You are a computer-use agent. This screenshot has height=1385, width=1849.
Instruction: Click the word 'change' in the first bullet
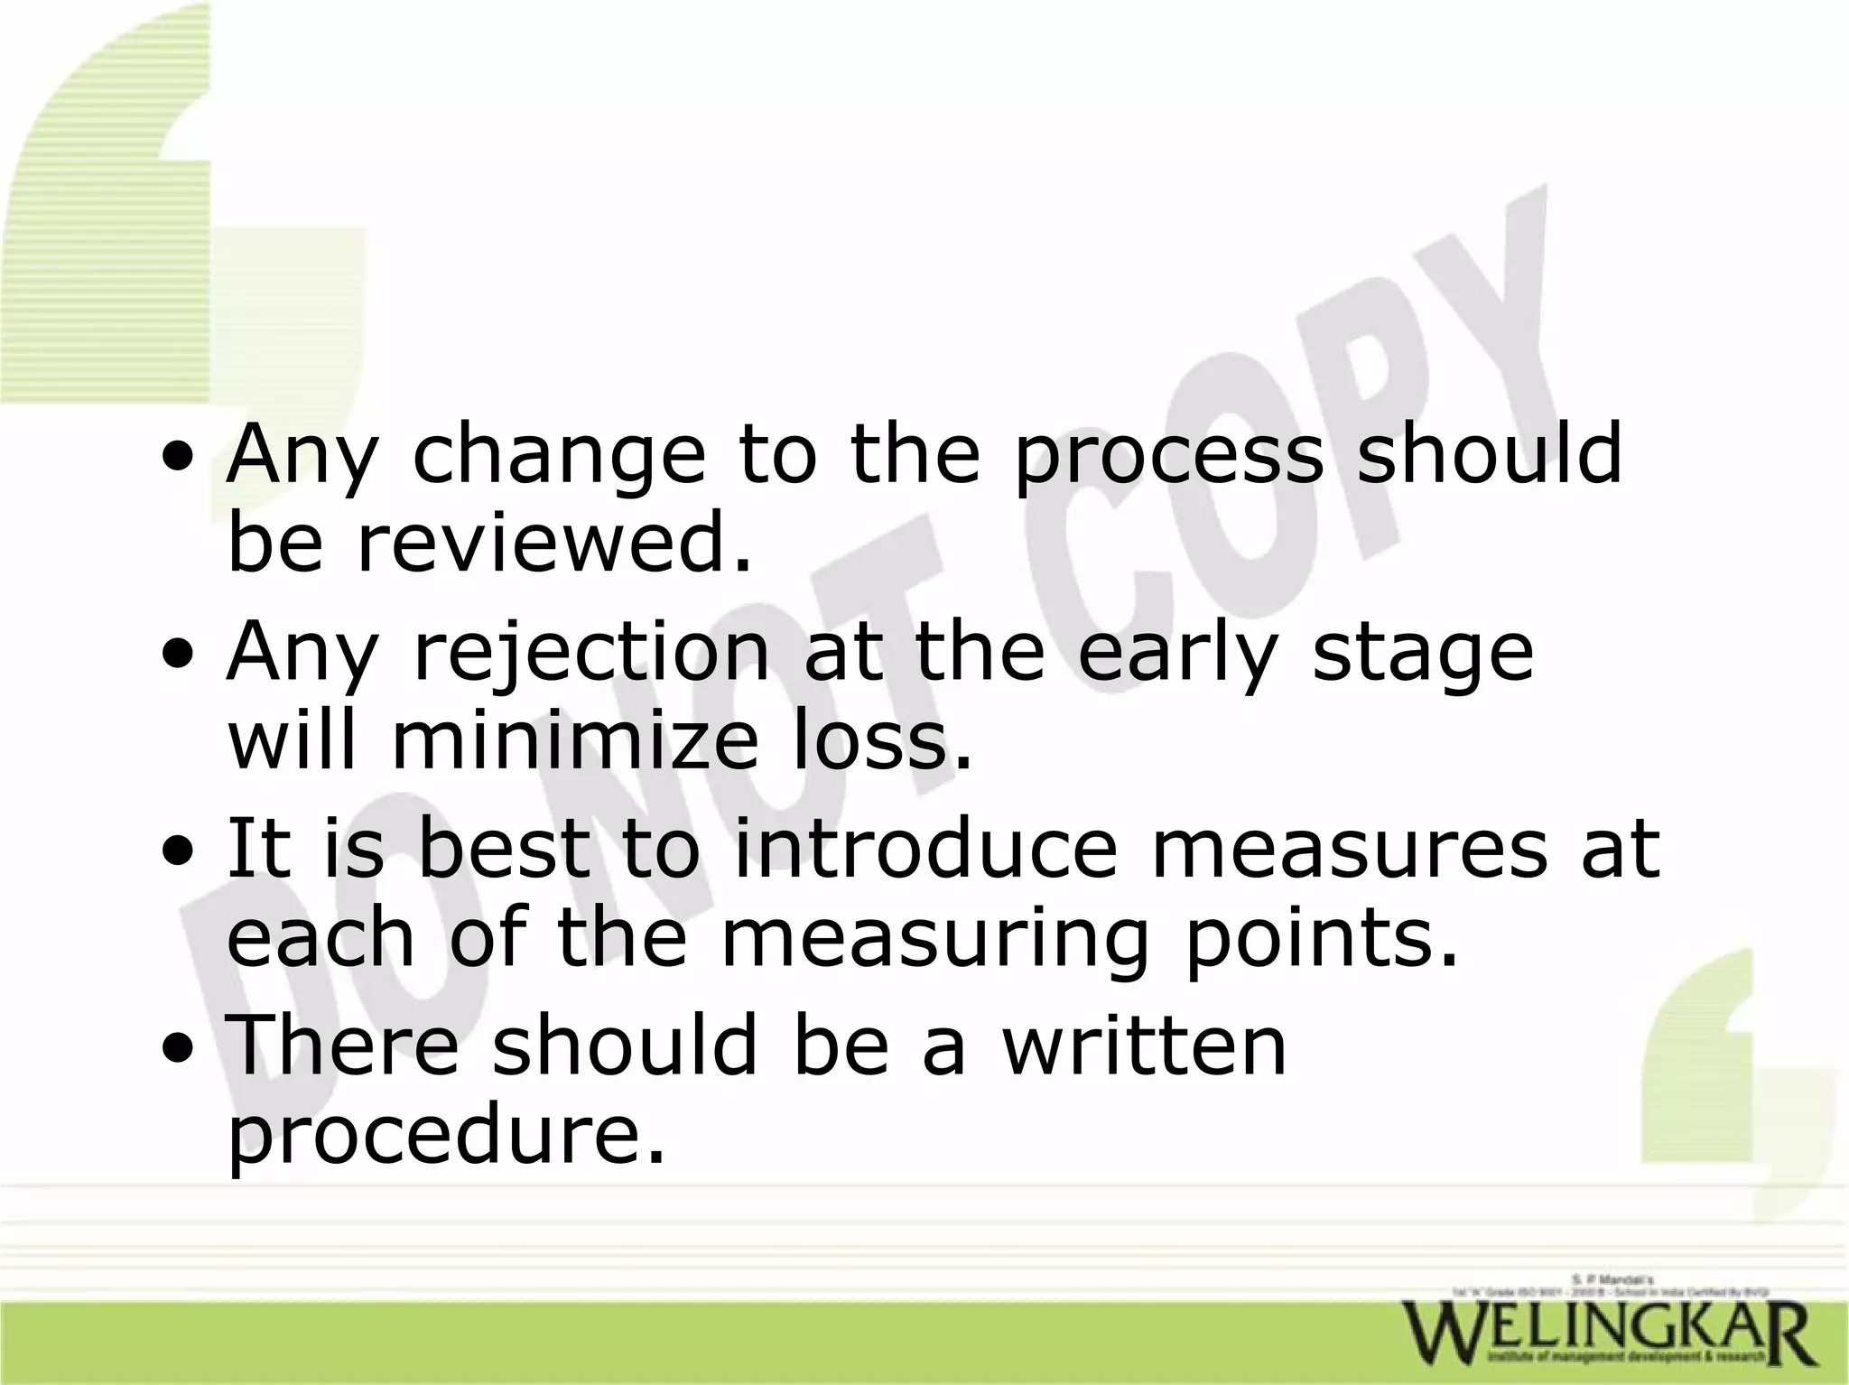point(558,457)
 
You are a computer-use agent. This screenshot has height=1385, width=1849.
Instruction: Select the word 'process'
point(1167,457)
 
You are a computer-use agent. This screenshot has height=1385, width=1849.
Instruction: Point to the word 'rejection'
point(591,655)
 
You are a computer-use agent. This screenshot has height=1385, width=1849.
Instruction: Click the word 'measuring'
point(934,942)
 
